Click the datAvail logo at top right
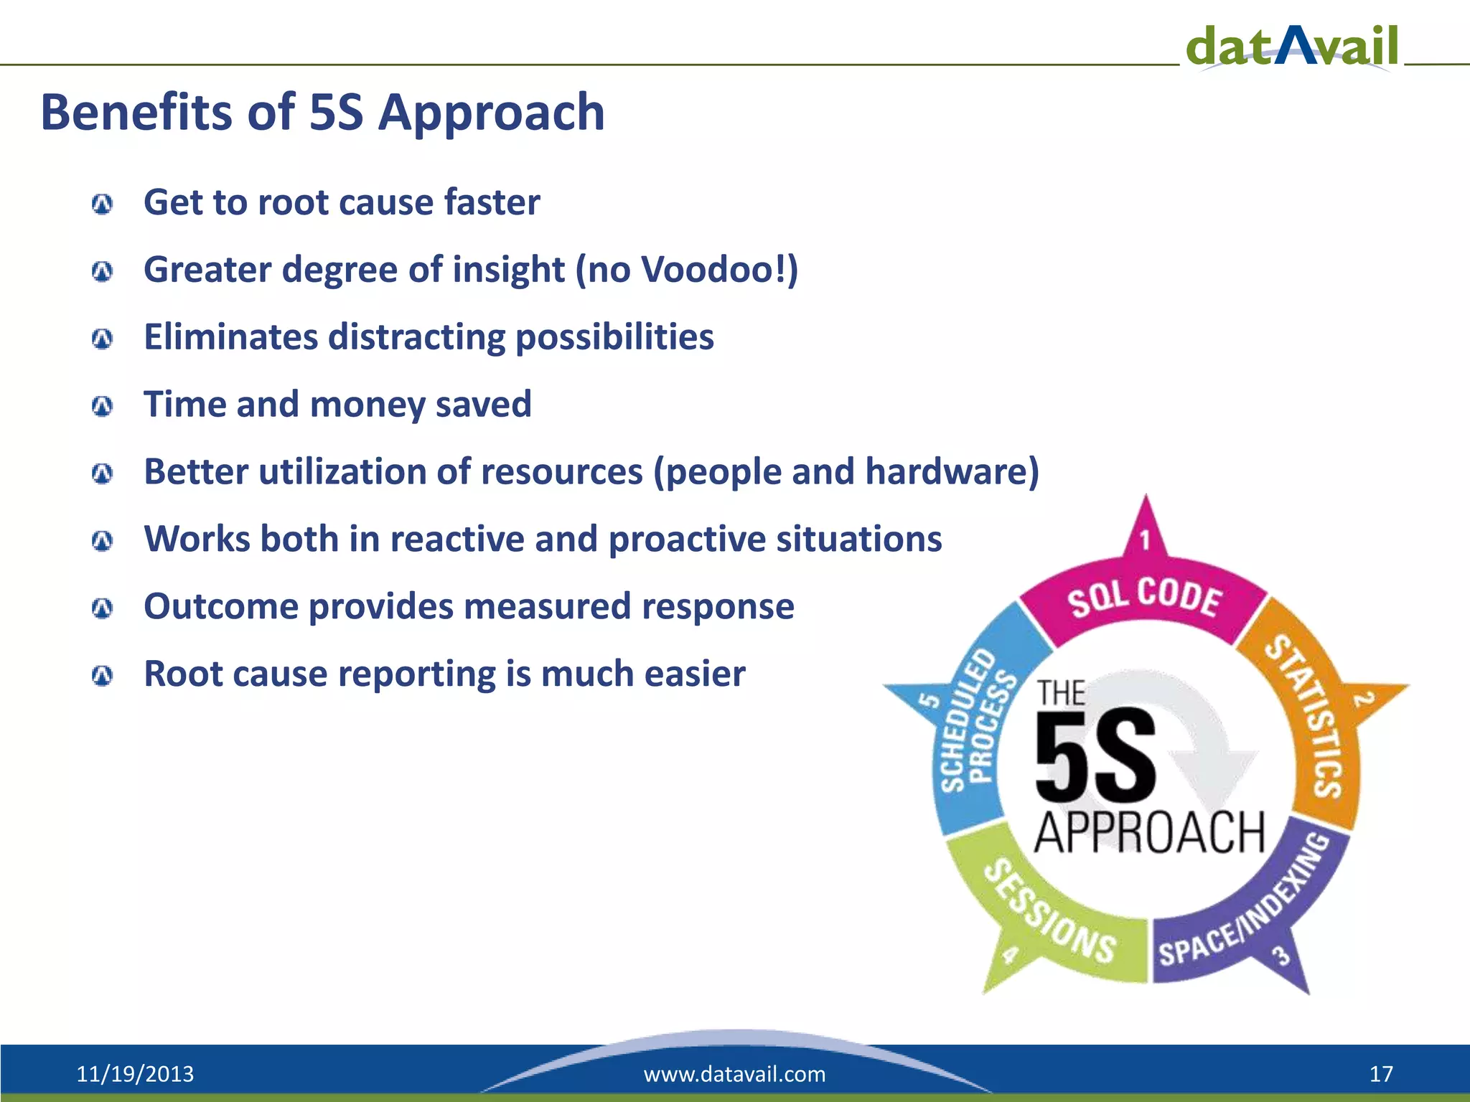coord(1292,46)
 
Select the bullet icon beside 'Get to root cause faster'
coord(103,204)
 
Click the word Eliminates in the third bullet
coord(230,336)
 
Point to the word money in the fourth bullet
coord(367,405)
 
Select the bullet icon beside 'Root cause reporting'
coord(103,676)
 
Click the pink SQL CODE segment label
coord(1144,597)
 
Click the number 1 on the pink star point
coord(1146,540)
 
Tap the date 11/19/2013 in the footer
coord(135,1074)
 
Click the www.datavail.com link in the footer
coord(734,1074)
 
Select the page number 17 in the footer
coord(1380,1074)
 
